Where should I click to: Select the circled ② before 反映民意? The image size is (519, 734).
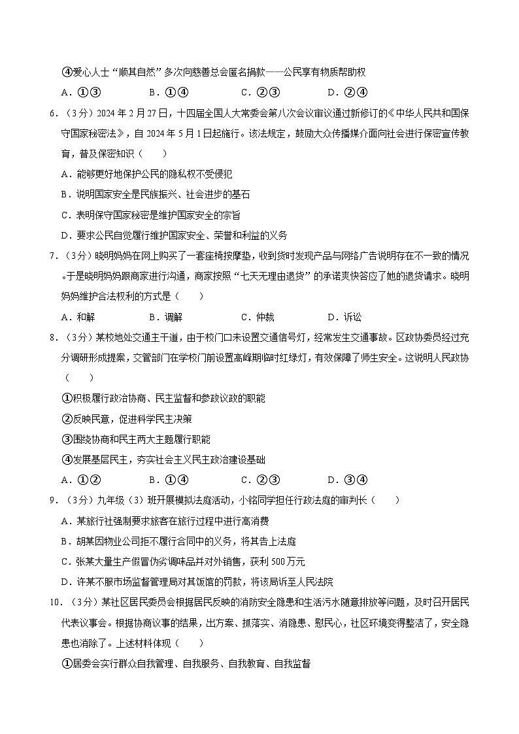pyautogui.click(x=65, y=418)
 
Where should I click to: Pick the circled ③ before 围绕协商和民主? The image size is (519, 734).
pyautogui.click(x=65, y=439)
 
